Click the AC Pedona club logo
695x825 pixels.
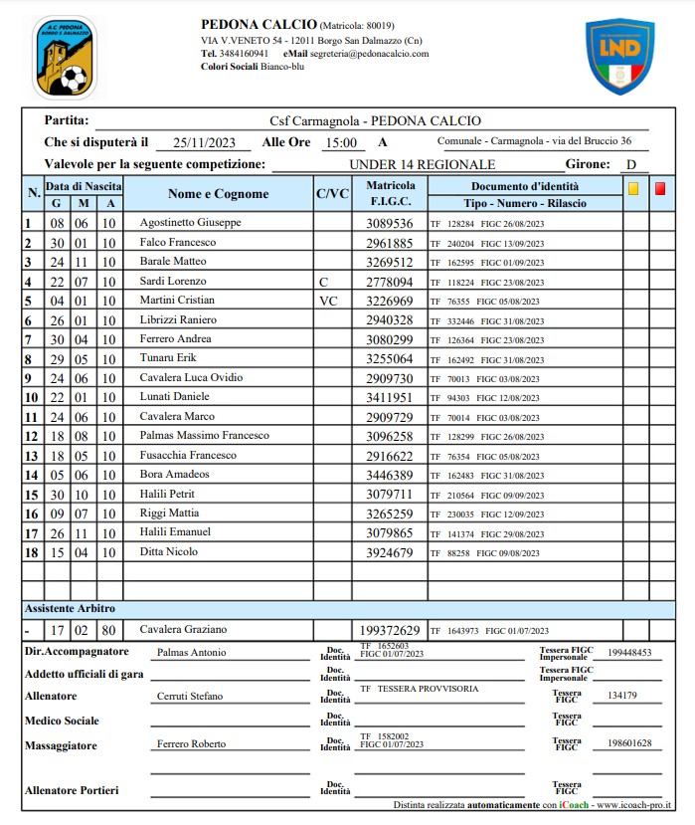[x=65, y=57]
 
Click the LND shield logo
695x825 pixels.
[x=619, y=57]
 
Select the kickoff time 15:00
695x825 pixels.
[x=340, y=143]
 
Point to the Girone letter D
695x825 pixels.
[x=631, y=165]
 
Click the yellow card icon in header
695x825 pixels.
[x=632, y=187]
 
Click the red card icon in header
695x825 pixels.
[x=660, y=187]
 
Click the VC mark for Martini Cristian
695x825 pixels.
[x=328, y=301]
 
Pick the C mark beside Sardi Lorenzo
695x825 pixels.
[x=323, y=282]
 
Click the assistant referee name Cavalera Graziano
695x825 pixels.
[x=183, y=629]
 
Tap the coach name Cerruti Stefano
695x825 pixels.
[x=190, y=697]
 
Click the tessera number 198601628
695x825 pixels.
[x=630, y=743]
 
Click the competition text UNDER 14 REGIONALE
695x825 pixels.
[x=422, y=165]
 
